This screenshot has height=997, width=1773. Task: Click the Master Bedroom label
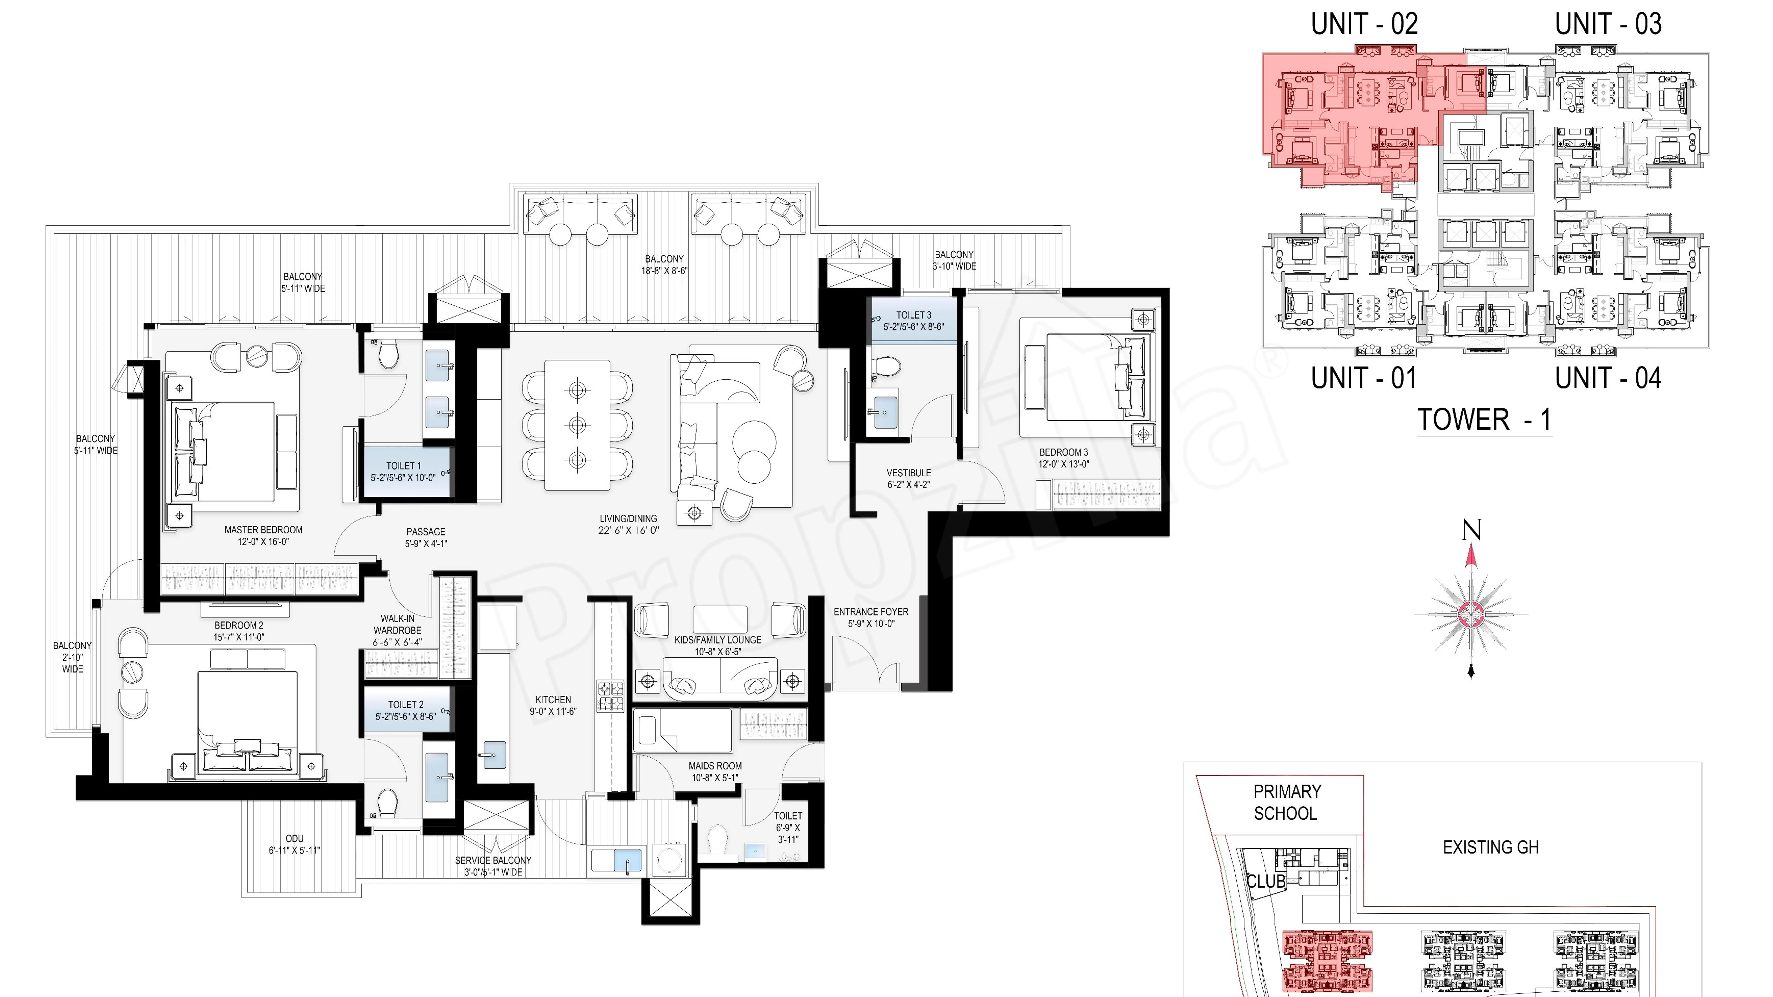[x=263, y=530]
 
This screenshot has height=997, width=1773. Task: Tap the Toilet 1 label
[x=403, y=466]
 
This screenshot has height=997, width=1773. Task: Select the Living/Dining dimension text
[x=628, y=530]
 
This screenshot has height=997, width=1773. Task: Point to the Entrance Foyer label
[x=871, y=612]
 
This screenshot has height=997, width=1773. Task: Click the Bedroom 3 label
[x=1063, y=452]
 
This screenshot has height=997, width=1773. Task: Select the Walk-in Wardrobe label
[x=397, y=624]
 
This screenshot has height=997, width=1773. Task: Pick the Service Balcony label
[x=493, y=860]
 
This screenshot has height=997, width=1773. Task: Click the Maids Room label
[x=715, y=766]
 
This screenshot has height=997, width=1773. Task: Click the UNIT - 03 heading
[x=1608, y=24]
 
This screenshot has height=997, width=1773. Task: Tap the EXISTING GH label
[x=1490, y=847]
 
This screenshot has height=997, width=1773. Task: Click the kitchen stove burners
[x=610, y=696]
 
